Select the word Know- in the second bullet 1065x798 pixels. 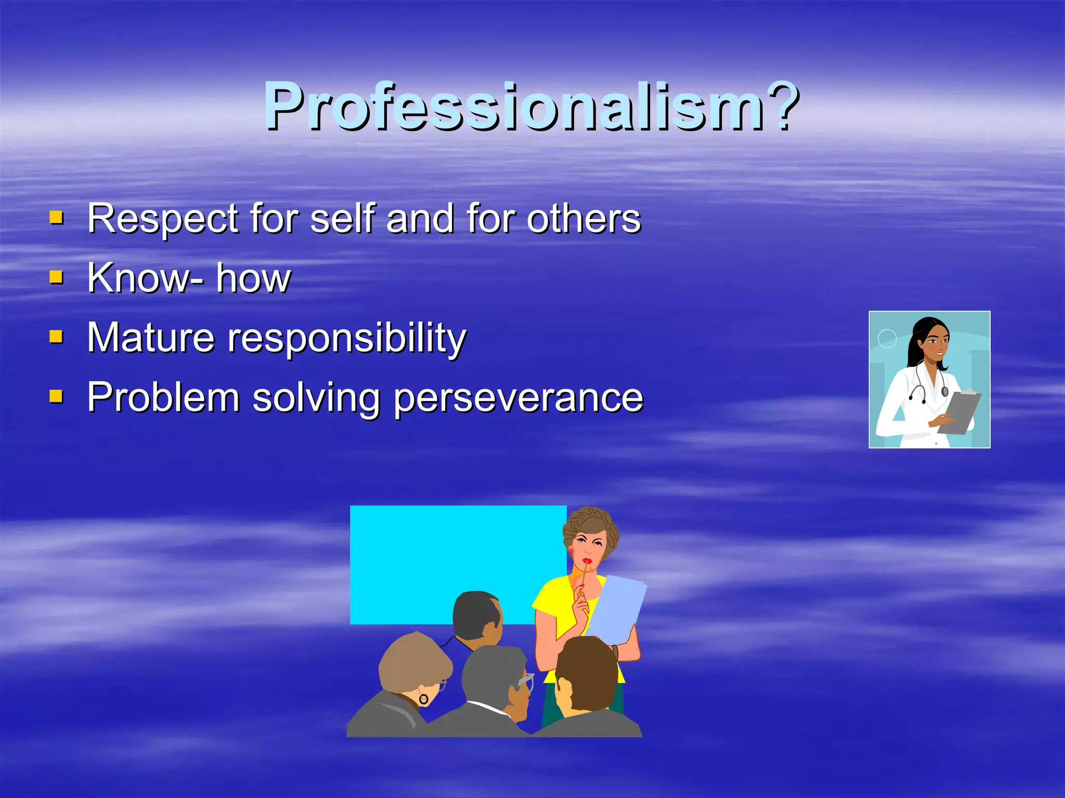145,278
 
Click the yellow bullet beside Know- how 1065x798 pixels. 56,277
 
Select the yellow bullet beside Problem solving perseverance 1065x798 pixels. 56,397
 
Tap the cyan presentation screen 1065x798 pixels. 447,556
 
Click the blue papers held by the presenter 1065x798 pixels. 619,608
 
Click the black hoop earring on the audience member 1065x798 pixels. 424,699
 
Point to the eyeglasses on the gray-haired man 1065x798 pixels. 526,681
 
